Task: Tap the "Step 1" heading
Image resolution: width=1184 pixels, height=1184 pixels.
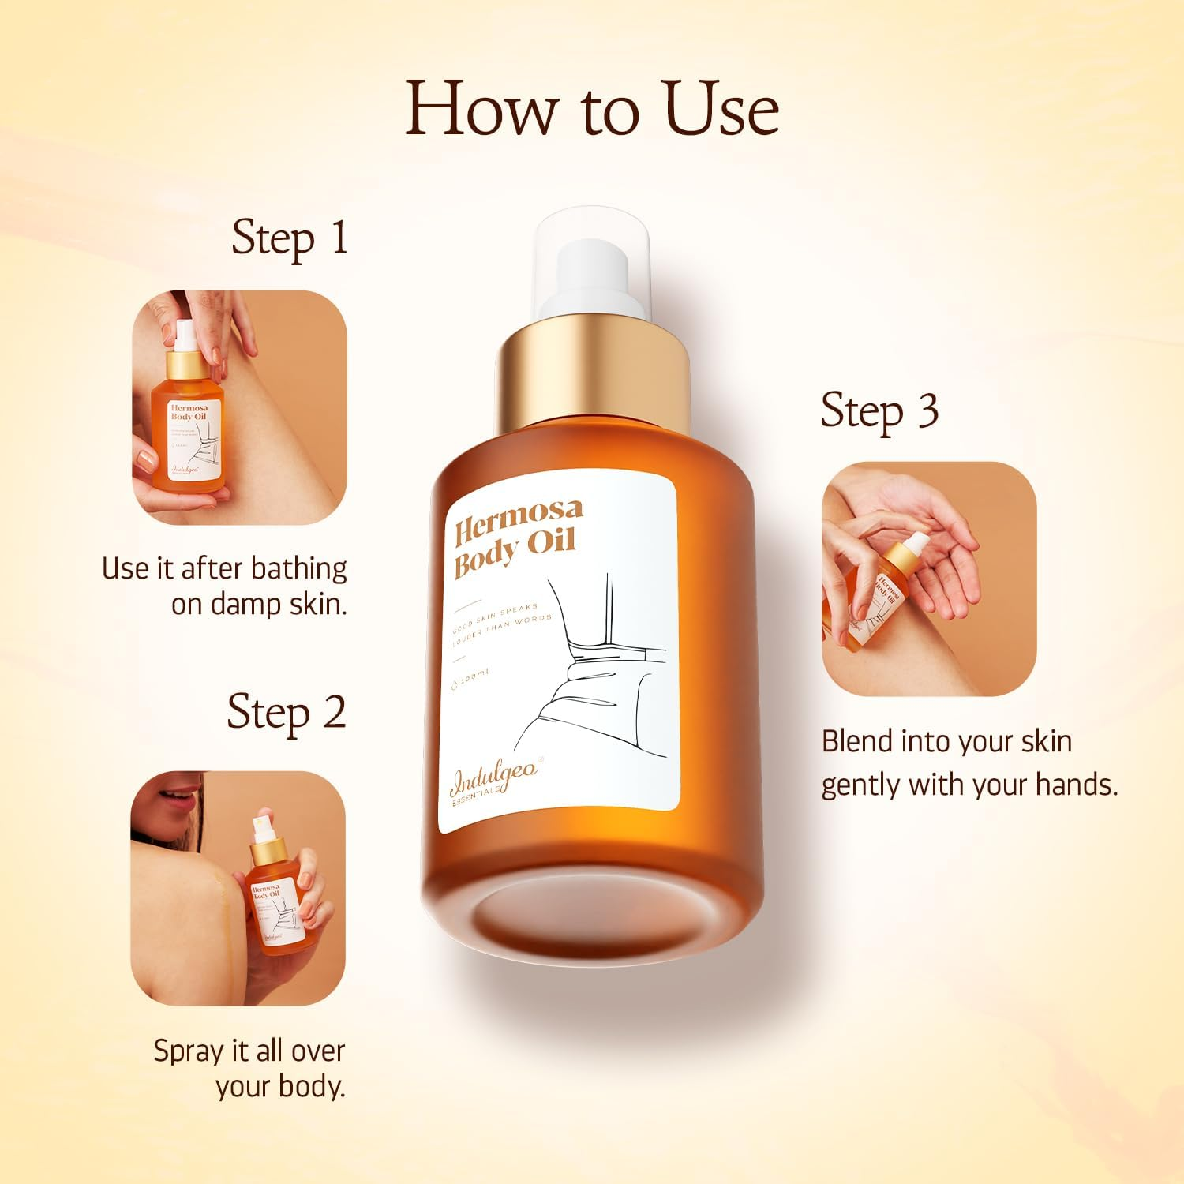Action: point(289,238)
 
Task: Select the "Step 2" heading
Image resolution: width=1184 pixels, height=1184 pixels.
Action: point(286,714)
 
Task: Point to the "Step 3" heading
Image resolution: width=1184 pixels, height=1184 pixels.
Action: point(879,412)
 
